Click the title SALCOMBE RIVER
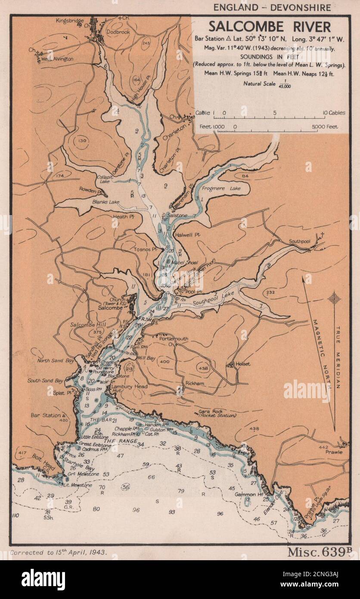point(270,27)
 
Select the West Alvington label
point(57,59)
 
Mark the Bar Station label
point(46,415)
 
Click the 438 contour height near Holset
point(205,368)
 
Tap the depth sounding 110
point(16,515)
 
